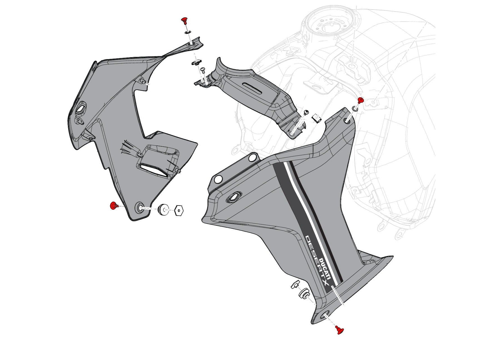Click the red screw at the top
point(184,20)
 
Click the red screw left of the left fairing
point(113,206)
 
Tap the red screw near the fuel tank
point(360,100)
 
